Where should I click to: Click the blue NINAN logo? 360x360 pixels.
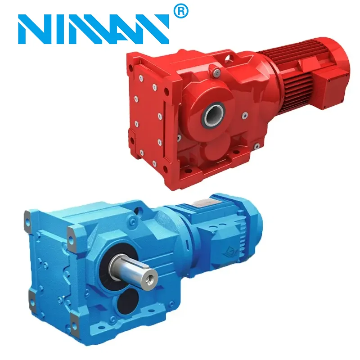94,29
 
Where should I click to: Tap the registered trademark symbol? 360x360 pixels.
181,11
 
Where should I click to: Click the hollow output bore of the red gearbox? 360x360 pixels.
212,114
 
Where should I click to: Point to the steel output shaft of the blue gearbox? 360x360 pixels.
134,271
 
